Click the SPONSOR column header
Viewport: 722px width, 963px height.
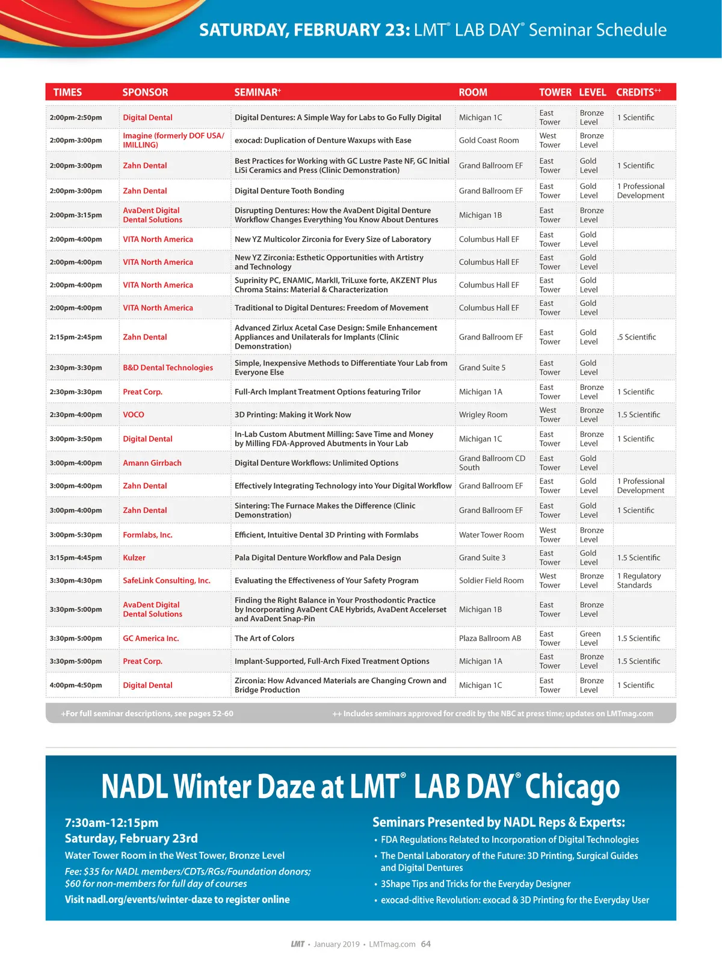pyautogui.click(x=145, y=92)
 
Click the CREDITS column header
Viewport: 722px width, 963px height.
pyautogui.click(x=638, y=92)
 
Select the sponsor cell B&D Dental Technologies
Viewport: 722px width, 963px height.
pyautogui.click(x=168, y=368)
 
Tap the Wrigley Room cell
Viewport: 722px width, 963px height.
pyautogui.click(x=483, y=415)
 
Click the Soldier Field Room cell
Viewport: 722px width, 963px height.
pyautogui.click(x=491, y=581)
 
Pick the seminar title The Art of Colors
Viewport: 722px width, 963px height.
pyautogui.click(x=264, y=639)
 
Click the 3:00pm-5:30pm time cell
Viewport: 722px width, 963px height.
pyautogui.click(x=76, y=535)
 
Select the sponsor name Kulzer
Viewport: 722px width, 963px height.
pyautogui.click(x=134, y=558)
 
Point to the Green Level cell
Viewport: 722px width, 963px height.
pyautogui.click(x=590, y=639)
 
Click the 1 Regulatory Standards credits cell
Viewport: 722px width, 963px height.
pyautogui.click(x=638, y=581)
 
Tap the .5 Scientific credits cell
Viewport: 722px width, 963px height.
pyautogui.click(x=636, y=337)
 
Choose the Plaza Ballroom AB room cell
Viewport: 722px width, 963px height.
pyautogui.click(x=490, y=639)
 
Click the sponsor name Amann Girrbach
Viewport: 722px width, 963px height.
pyautogui.click(x=152, y=463)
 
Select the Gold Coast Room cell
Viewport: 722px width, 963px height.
pyautogui.click(x=489, y=140)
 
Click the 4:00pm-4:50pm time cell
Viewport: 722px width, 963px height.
pyautogui.click(x=76, y=686)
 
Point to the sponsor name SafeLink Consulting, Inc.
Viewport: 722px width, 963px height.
pyautogui.click(x=167, y=581)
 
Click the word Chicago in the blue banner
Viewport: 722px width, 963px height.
pyautogui.click(x=572, y=787)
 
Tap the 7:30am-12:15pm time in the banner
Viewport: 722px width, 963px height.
pyautogui.click(x=112, y=823)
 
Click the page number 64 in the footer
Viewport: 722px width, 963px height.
pyautogui.click(x=426, y=944)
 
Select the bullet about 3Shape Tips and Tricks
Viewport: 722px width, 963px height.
pyautogui.click(x=475, y=884)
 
